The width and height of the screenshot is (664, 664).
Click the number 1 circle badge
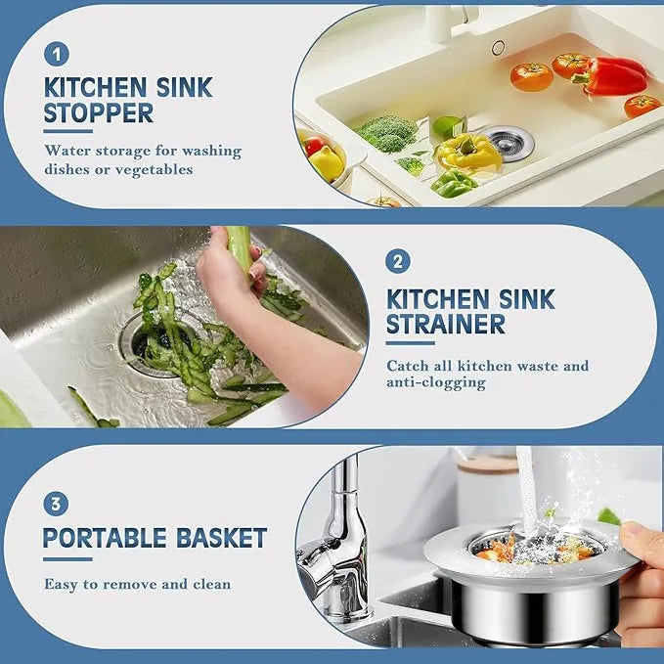pyautogui.click(x=57, y=54)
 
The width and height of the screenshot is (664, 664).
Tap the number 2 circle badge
pyautogui.click(x=398, y=261)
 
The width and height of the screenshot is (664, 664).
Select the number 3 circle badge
pyautogui.click(x=56, y=504)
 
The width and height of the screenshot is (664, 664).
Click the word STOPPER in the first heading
pyautogui.click(x=98, y=113)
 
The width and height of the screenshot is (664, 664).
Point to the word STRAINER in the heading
pyautogui.click(x=446, y=324)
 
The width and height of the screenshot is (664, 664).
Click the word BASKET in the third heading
pyautogui.click(x=221, y=538)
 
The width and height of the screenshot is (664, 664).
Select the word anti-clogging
pyautogui.click(x=436, y=382)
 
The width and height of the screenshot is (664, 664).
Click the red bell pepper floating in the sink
pyautogui.click(x=610, y=76)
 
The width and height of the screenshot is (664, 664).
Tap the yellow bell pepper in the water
pyautogui.click(x=467, y=152)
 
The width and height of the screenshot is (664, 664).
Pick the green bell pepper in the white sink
pyautogui.click(x=454, y=184)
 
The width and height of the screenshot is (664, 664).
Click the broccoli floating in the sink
pyautogui.click(x=387, y=132)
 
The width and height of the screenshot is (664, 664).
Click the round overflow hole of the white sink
pyautogui.click(x=498, y=48)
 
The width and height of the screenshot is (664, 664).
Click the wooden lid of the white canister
pyautogui.click(x=488, y=464)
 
